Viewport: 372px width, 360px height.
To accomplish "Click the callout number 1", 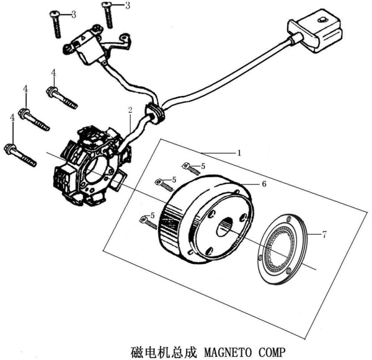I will [x=239, y=152].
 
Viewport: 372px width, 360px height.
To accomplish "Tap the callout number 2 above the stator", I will [x=130, y=110].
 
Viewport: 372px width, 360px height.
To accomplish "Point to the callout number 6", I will [x=263, y=184].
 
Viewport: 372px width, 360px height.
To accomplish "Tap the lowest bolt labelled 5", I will [x=148, y=219].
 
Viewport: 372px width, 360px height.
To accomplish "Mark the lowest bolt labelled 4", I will [x=21, y=155].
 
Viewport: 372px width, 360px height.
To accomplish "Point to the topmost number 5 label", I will [x=202, y=165].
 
